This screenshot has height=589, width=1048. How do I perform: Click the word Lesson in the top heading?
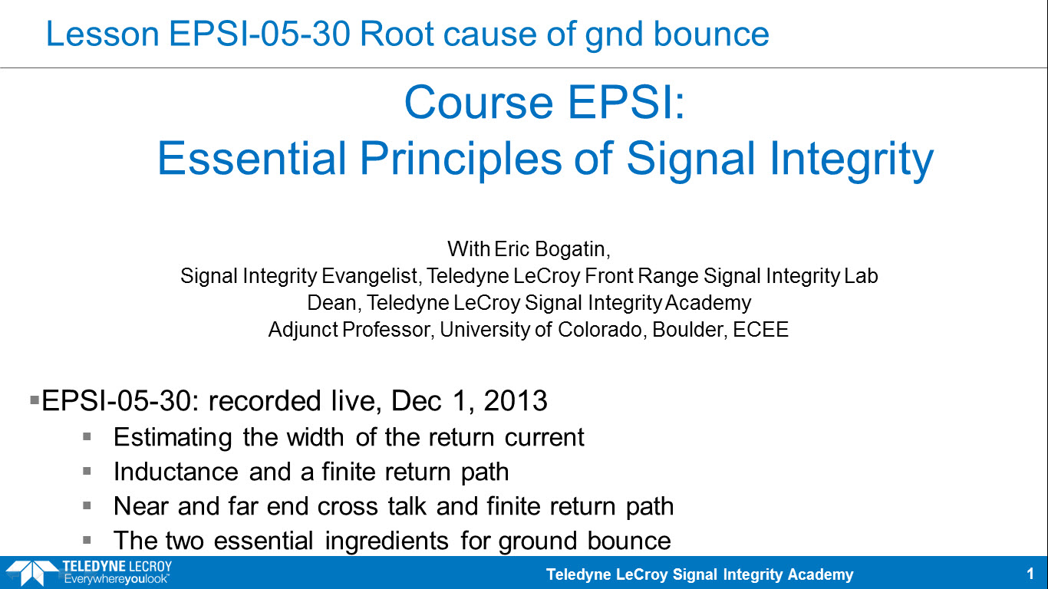pos(103,35)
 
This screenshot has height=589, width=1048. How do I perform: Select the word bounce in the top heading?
pos(711,35)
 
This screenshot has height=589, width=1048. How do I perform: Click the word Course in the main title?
pos(479,103)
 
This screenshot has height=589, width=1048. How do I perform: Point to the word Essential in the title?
pos(252,159)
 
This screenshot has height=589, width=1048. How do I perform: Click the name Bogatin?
pos(572,249)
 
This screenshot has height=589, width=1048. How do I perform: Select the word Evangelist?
pos(371,275)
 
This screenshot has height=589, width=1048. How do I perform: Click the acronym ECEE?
pos(760,330)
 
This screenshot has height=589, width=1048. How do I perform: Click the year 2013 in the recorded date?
pos(515,401)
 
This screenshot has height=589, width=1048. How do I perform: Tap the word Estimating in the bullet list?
pos(173,437)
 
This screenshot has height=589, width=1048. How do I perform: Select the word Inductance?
pos(176,472)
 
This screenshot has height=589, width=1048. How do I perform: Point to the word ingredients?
pos(387,541)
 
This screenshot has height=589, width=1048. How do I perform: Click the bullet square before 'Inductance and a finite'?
pos(87,471)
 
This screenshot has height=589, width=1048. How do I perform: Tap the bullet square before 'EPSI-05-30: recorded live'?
pos(35,400)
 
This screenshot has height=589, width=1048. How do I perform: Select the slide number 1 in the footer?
pos(1030,574)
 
